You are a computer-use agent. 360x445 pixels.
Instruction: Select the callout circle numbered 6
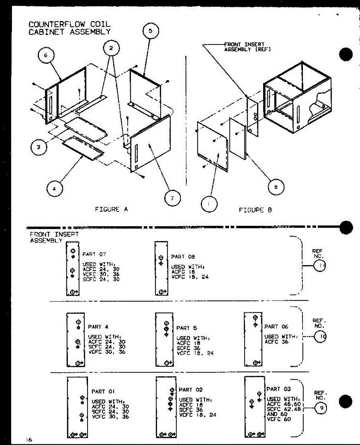point(46,56)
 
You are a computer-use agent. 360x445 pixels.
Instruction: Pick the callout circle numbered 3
point(39,147)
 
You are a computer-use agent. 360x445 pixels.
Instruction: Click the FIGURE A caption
point(111,210)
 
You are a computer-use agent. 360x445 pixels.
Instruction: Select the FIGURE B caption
point(255,210)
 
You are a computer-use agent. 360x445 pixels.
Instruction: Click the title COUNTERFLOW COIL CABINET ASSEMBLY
point(69,28)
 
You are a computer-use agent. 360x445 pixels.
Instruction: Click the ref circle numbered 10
point(320,337)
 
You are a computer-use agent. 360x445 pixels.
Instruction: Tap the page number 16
point(29,440)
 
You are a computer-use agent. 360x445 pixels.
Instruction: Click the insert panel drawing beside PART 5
point(164,339)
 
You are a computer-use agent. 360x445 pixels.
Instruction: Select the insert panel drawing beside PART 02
point(166,407)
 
